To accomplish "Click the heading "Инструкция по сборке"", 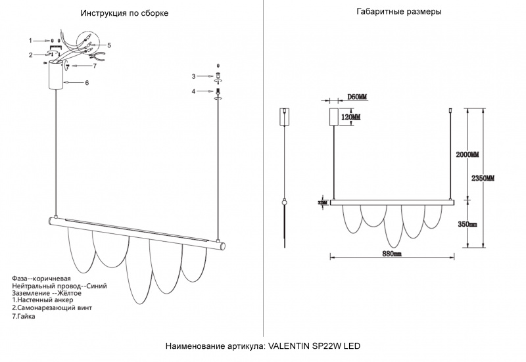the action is (x=124, y=13).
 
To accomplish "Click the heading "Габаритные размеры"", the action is (x=399, y=12).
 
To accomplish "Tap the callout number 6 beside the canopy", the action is (x=87, y=83).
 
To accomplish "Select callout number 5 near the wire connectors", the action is (x=109, y=45).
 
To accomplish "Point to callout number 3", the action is (x=193, y=76).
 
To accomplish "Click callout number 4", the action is (x=193, y=91).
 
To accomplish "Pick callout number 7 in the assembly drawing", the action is (x=95, y=66).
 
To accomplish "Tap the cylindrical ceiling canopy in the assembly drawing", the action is (x=56, y=75).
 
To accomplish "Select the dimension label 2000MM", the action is (x=467, y=154).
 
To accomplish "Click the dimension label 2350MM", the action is (x=483, y=179).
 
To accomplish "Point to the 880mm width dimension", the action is (x=392, y=254).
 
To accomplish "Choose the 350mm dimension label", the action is (x=467, y=224).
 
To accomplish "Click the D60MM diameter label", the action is (x=357, y=97).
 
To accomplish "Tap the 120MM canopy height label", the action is (x=350, y=117).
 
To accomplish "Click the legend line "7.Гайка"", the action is (x=24, y=316).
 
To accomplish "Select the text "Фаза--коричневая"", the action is (x=41, y=279).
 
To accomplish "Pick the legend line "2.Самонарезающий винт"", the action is (x=52, y=307).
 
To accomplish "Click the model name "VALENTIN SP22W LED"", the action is (x=315, y=346).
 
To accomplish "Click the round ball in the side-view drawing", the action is (x=285, y=202).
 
